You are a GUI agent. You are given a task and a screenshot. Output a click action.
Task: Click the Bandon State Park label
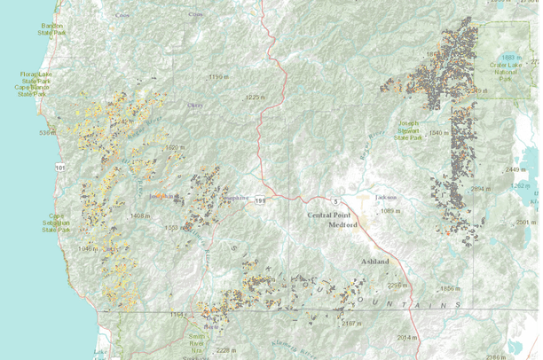coord(52,30)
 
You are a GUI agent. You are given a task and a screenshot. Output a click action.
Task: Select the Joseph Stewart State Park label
coord(409,131)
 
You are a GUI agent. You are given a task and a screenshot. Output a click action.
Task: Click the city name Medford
coord(326,224)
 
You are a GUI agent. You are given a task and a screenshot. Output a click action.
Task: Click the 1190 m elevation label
coord(218,77)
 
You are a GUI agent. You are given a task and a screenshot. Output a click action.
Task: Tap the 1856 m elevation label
coord(452,288)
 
